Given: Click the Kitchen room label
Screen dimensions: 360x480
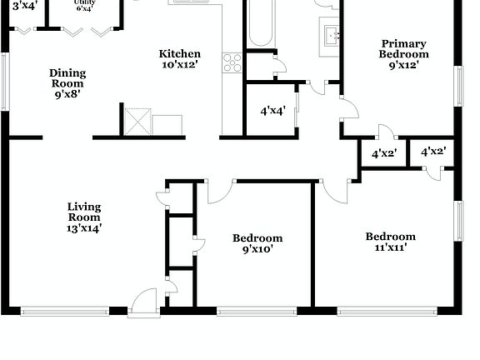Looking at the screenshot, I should coord(180,54).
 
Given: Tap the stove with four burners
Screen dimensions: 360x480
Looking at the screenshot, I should coord(232,62).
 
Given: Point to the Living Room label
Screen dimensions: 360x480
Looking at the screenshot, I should coord(84,212).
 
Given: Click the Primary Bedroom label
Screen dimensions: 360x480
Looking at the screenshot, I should coord(403,49).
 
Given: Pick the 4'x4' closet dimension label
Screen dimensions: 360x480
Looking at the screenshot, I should coord(273,110).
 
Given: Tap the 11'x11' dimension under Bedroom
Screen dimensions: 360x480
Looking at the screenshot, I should coord(390,247).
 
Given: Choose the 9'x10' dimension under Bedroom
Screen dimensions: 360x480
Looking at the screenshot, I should coord(257,249).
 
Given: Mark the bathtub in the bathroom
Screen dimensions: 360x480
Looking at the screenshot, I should coord(259,23).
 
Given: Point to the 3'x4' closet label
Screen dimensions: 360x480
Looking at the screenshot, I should coord(24,5).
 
